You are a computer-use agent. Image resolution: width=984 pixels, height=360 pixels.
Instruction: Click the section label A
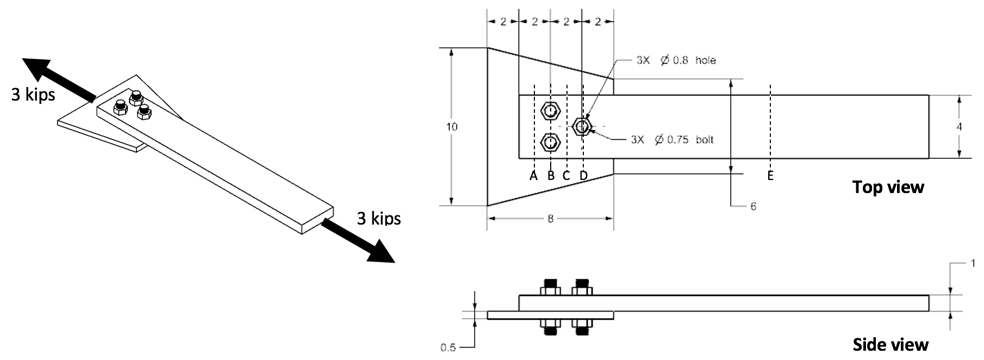(533, 176)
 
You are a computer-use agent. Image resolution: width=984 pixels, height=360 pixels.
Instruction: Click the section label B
(551, 176)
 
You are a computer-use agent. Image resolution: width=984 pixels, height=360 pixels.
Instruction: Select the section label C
(566, 176)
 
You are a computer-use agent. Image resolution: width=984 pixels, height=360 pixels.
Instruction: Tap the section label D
(583, 176)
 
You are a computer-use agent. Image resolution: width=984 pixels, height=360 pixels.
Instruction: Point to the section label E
(770, 176)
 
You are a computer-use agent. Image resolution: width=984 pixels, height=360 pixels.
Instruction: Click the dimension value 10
(451, 127)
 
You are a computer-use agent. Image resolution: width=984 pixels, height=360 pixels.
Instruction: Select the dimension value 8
(550, 219)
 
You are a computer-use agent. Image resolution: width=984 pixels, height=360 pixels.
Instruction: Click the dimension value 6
(753, 207)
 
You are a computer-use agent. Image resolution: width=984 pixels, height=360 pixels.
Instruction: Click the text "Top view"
(888, 187)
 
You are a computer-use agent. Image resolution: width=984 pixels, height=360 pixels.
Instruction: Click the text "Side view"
(890, 345)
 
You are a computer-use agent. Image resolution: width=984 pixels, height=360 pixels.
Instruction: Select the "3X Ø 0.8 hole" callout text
(676, 60)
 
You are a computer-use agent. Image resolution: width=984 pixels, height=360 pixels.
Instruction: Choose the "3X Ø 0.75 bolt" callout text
(672, 140)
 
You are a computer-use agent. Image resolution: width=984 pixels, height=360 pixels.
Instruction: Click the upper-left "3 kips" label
(33, 95)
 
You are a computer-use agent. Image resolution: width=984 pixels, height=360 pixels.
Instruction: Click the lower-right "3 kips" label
(378, 219)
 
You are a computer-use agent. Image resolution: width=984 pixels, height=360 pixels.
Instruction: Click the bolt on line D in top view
(582, 127)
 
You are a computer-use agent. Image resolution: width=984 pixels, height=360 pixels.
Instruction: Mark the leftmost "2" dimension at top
(503, 22)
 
